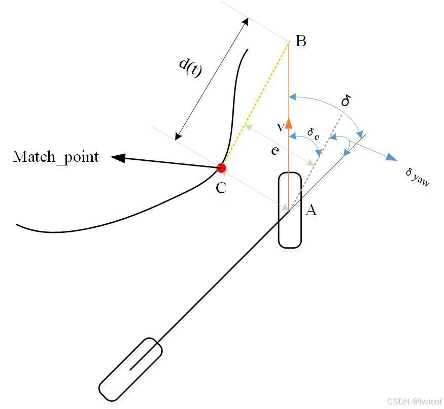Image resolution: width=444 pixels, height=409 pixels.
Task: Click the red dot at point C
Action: pyautogui.click(x=221, y=167)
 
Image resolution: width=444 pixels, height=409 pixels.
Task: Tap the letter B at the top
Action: pyautogui.click(x=300, y=41)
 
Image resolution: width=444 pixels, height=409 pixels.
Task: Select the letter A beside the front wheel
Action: pyautogui.click(x=311, y=210)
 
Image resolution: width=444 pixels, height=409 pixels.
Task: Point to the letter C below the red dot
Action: pyautogui.click(x=221, y=188)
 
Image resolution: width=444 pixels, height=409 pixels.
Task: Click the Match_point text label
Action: pyautogui.click(x=56, y=157)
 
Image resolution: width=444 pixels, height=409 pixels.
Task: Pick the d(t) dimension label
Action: pyautogui.click(x=191, y=67)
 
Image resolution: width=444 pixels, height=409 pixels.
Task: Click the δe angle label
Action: pyautogui.click(x=313, y=133)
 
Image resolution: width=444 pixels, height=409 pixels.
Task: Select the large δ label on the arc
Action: pyautogui.click(x=346, y=100)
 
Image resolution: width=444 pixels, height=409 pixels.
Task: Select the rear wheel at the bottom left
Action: pyautogui.click(x=130, y=369)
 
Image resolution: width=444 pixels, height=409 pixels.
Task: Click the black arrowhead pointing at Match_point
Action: pyautogui.click(x=118, y=158)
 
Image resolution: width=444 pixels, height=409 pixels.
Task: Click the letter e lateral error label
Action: pyautogui.click(x=275, y=150)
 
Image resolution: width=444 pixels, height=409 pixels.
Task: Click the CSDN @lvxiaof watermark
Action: pyautogui.click(x=414, y=401)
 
